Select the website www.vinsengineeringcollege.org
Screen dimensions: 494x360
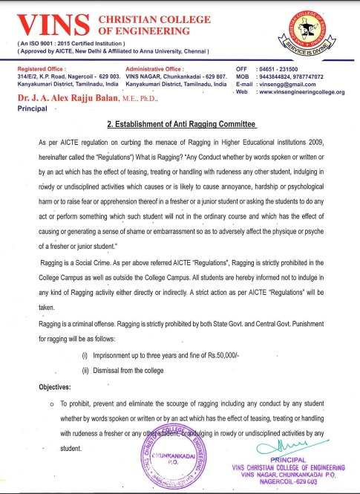coord(304,91)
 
